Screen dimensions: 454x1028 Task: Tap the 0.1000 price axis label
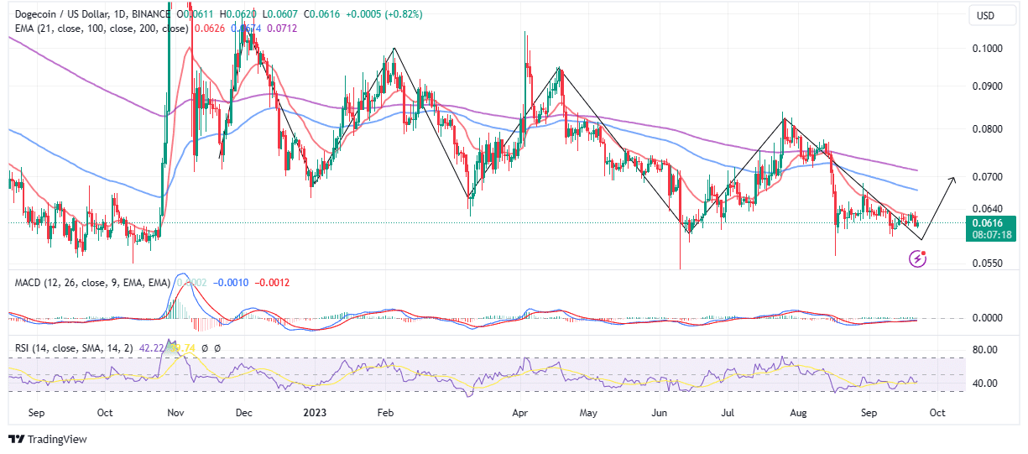tap(989, 48)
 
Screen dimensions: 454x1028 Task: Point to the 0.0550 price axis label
tap(989, 264)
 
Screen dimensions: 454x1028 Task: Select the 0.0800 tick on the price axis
tap(989, 129)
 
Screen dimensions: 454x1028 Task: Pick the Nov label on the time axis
tap(175, 413)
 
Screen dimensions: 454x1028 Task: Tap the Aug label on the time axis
tap(798, 413)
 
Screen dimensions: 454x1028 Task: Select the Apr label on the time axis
tap(519, 413)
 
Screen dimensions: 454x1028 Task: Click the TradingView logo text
tap(57, 440)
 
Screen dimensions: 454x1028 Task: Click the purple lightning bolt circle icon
tap(918, 259)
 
